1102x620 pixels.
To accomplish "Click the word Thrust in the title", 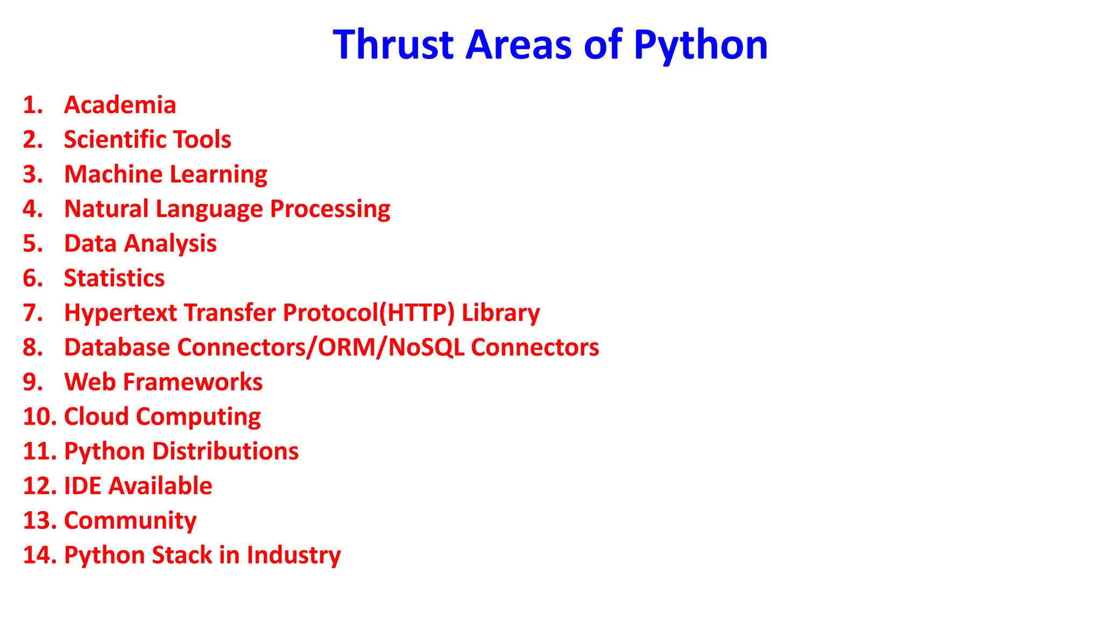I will point(393,45).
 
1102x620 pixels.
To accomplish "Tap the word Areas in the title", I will point(518,45).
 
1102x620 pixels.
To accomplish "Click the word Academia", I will point(120,105).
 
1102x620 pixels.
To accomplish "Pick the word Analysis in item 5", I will point(171,244).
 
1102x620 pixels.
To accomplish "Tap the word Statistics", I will point(114,278).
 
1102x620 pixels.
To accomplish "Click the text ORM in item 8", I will point(349,348).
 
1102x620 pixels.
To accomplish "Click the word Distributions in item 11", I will point(225,451).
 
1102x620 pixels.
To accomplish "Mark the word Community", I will point(130,521).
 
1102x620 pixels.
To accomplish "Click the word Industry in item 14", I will point(293,555).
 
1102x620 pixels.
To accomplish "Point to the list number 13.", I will point(39,521).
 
